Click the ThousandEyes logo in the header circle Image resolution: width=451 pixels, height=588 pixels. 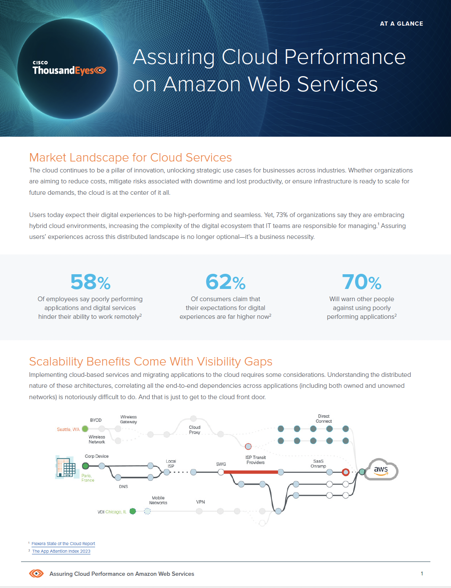point(69,69)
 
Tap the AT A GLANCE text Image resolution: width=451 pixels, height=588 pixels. point(401,24)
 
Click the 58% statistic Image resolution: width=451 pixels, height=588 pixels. point(90,282)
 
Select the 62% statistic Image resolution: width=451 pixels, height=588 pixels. point(225,282)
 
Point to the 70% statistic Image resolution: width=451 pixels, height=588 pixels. point(361,282)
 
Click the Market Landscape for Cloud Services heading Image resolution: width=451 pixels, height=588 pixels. point(130,157)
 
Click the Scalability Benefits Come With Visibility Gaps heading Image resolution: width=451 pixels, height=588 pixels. point(151,361)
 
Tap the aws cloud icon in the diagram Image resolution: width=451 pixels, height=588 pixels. point(381,469)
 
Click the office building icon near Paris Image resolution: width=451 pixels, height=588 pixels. point(66,467)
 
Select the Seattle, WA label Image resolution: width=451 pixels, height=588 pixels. point(68,429)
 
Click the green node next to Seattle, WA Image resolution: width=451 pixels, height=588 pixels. point(85,429)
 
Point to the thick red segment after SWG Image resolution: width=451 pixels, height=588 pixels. point(251,472)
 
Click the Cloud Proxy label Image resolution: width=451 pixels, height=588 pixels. point(194,430)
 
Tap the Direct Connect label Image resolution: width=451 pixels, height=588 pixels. point(324,418)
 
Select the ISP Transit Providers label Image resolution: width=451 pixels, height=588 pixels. point(255,460)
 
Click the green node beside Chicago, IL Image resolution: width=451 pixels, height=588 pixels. point(133,511)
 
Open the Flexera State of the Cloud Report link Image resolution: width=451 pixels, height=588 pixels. point(63,543)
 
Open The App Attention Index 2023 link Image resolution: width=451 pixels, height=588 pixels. point(61,551)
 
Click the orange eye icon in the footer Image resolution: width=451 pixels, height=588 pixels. point(36,573)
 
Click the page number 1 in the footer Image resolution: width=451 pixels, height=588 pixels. point(422,573)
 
